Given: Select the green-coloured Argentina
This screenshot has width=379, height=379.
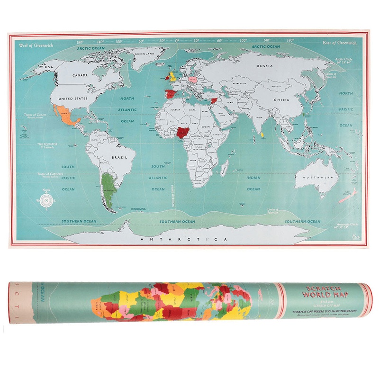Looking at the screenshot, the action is pos(109,189).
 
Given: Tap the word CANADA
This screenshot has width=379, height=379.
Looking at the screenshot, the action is pos(81,75).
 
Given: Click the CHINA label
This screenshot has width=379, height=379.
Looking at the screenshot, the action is pos(281,100).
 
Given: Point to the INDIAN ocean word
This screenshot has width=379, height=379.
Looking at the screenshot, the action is pos(253,178).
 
